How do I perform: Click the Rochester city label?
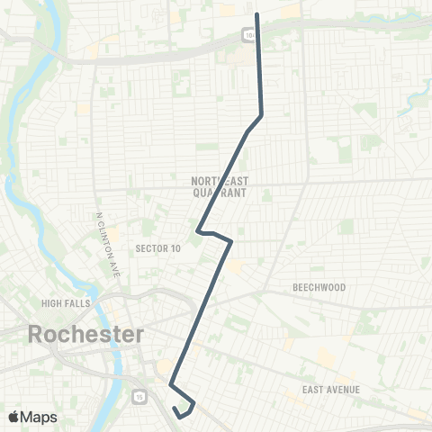[x=86, y=334]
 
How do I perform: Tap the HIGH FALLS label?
[x=66, y=303]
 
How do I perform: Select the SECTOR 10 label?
[x=157, y=248]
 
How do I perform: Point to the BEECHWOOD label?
[x=319, y=287]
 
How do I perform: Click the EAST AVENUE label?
[x=332, y=389]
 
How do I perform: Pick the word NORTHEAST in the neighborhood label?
[x=220, y=181]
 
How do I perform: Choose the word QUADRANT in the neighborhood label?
[x=220, y=193]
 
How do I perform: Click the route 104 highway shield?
[x=248, y=35]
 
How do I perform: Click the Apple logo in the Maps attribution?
[x=13, y=417]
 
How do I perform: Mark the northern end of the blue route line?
[x=257, y=14]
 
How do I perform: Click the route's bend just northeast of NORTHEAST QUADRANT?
[x=261, y=115]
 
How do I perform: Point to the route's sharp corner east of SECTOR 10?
[x=231, y=241]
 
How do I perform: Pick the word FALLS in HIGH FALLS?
[x=76, y=303]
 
